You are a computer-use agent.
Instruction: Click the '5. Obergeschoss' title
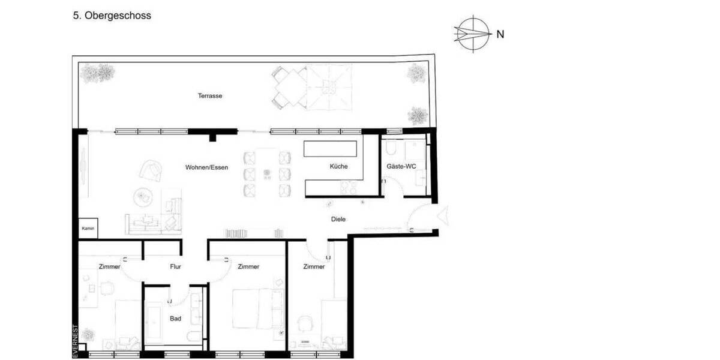(112, 16)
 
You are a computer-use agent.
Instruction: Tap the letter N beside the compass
(500, 34)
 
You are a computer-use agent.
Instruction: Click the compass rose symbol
(472, 34)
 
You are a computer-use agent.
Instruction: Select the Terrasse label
(210, 95)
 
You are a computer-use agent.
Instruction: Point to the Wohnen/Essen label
(206, 167)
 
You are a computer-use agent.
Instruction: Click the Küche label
(338, 167)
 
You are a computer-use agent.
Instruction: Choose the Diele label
(338, 220)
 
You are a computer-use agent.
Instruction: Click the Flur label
(175, 267)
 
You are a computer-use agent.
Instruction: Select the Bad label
(175, 319)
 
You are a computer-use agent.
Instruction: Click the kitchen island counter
(329, 149)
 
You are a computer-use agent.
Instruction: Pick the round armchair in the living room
(152, 170)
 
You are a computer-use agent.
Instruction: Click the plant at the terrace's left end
(98, 73)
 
